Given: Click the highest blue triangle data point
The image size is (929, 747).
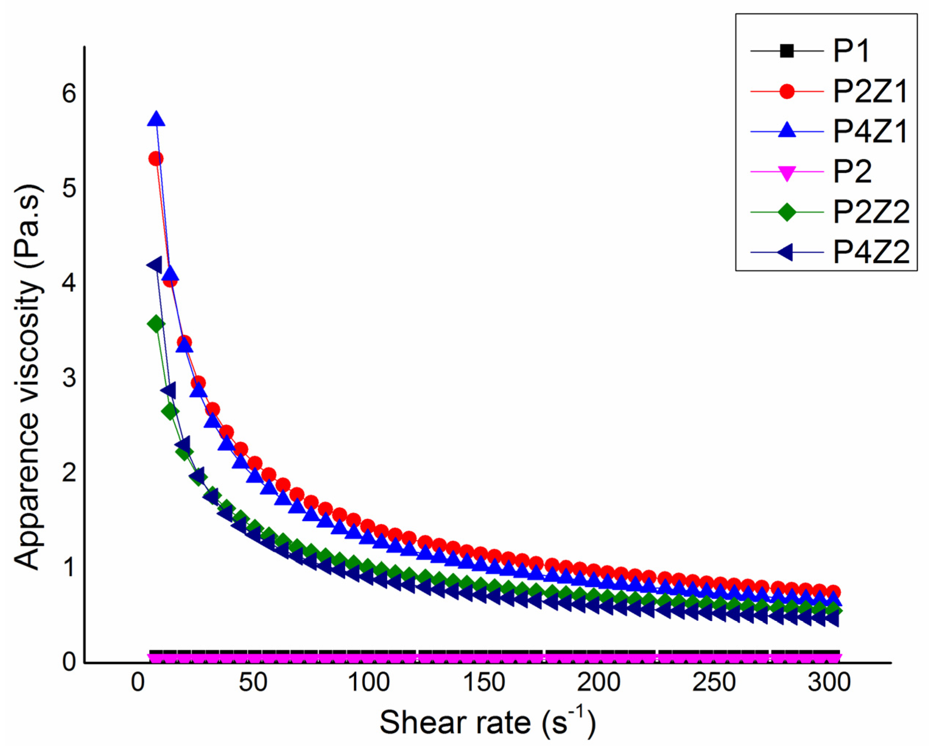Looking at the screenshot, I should [156, 119].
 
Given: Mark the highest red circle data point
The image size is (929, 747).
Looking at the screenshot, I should [156, 159].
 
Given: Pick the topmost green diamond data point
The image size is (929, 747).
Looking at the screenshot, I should [156, 324].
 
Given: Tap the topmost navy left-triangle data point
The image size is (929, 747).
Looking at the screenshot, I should [154, 265].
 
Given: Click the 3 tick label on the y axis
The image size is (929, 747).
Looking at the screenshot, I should [69, 378].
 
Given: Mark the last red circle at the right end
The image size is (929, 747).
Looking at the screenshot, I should [834, 592].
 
